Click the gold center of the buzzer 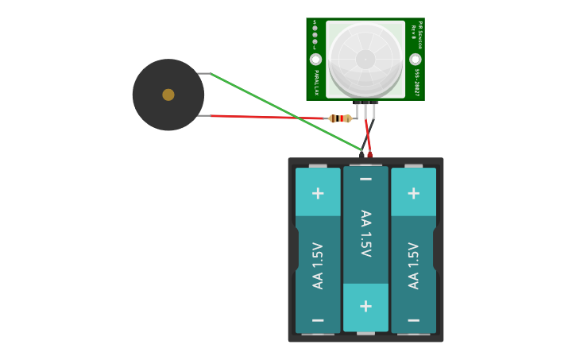pos(168,95)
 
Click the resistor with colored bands pos(340,118)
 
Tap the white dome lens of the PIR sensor pos(365,59)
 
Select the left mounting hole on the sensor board pos(315,60)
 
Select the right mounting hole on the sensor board pos(415,60)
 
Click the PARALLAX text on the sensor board pos(316,83)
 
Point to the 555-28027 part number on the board pos(416,82)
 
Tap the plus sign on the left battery pos(318,193)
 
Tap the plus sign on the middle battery pos(365,306)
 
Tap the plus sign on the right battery pos(413,193)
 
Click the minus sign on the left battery pos(318,320)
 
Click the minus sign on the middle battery pos(365,180)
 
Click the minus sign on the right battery pos(413,320)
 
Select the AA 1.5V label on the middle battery pos(365,234)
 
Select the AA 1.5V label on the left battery pos(318,265)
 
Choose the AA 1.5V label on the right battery pos(413,265)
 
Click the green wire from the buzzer pos(286,111)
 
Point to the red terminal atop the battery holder pos(369,155)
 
